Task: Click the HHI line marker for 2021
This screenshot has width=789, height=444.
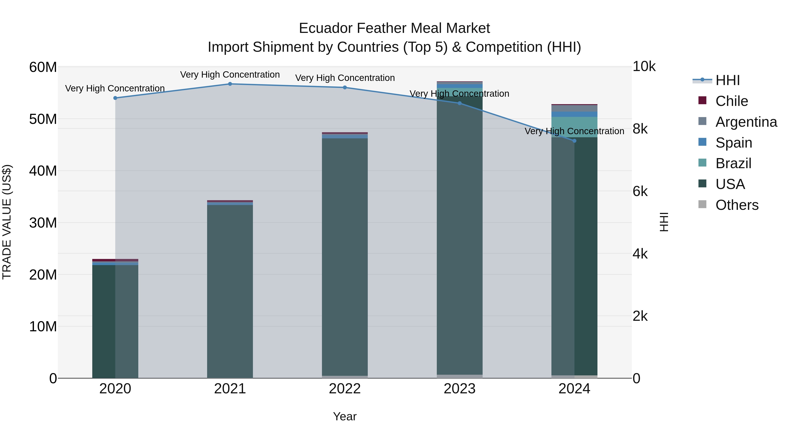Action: [230, 84]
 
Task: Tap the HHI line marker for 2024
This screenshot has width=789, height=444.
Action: [574, 141]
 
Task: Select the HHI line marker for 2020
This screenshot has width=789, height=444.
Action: [115, 98]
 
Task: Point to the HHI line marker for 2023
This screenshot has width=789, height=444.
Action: [459, 103]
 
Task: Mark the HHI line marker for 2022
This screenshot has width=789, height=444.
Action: [345, 88]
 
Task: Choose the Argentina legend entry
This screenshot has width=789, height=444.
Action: [746, 122]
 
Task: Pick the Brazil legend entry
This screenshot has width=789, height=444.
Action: [733, 163]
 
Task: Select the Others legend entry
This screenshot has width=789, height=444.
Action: [737, 205]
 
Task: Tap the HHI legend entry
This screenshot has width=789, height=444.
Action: [727, 80]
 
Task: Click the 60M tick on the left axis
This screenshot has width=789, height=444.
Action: [43, 67]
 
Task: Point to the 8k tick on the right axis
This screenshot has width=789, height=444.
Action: [640, 129]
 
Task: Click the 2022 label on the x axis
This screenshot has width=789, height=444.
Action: [345, 389]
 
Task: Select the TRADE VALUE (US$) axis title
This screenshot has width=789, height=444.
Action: [7, 222]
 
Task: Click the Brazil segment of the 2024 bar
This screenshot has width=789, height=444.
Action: [574, 127]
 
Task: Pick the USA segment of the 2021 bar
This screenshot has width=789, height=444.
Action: [230, 291]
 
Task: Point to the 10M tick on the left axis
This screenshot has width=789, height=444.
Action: [43, 327]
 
